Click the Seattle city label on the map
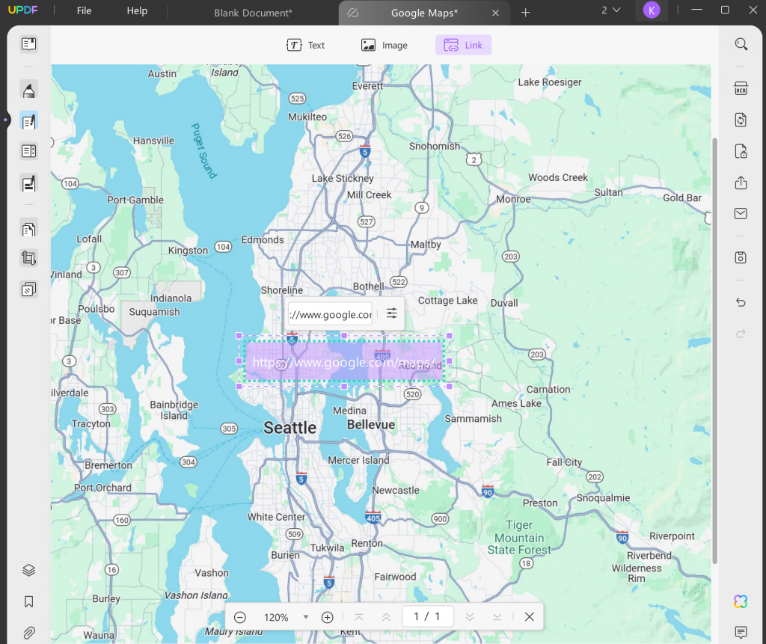point(289,428)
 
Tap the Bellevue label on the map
point(370,425)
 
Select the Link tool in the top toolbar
point(463,45)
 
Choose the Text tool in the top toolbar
point(305,45)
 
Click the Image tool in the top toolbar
point(384,45)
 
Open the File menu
point(84,11)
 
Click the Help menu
point(137,11)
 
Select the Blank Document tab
point(253,13)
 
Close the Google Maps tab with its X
point(495,13)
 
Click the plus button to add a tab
point(525,13)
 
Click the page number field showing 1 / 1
point(427,617)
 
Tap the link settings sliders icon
point(391,313)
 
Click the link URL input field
point(330,314)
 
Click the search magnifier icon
point(741,44)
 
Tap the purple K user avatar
point(652,10)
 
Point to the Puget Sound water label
point(203,150)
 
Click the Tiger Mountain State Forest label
point(519,538)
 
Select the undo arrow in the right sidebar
point(741,302)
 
